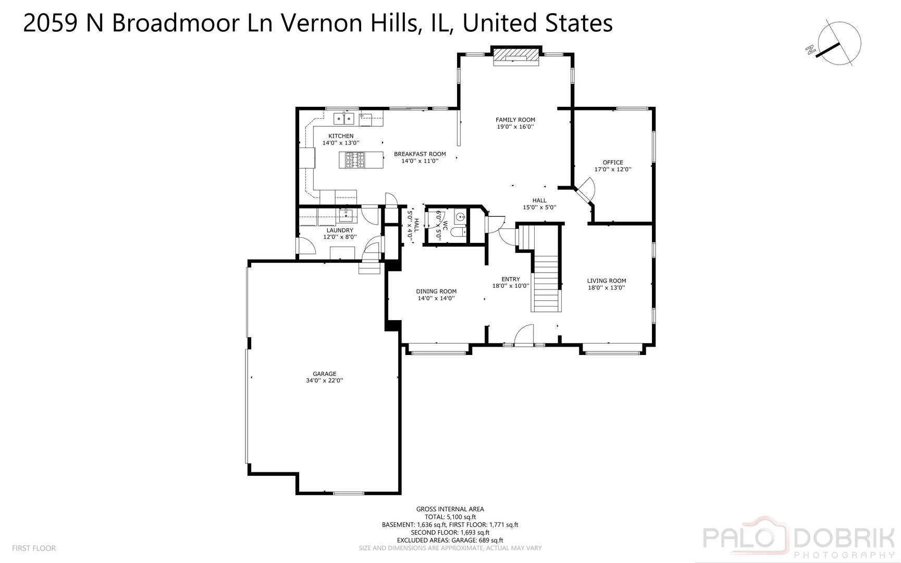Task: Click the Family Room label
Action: pos(515,120)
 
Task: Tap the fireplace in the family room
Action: pos(515,56)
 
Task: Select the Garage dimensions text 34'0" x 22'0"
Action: pos(324,381)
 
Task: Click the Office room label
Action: pos(613,163)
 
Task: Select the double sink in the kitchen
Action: pos(343,119)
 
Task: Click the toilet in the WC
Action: pos(459,232)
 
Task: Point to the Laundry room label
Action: pos(340,230)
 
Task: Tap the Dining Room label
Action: pos(436,291)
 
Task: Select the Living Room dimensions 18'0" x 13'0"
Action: pos(606,287)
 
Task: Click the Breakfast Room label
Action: pos(419,154)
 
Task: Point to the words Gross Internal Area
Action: pos(450,509)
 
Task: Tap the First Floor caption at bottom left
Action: pos(33,548)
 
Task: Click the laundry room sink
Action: pos(345,215)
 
